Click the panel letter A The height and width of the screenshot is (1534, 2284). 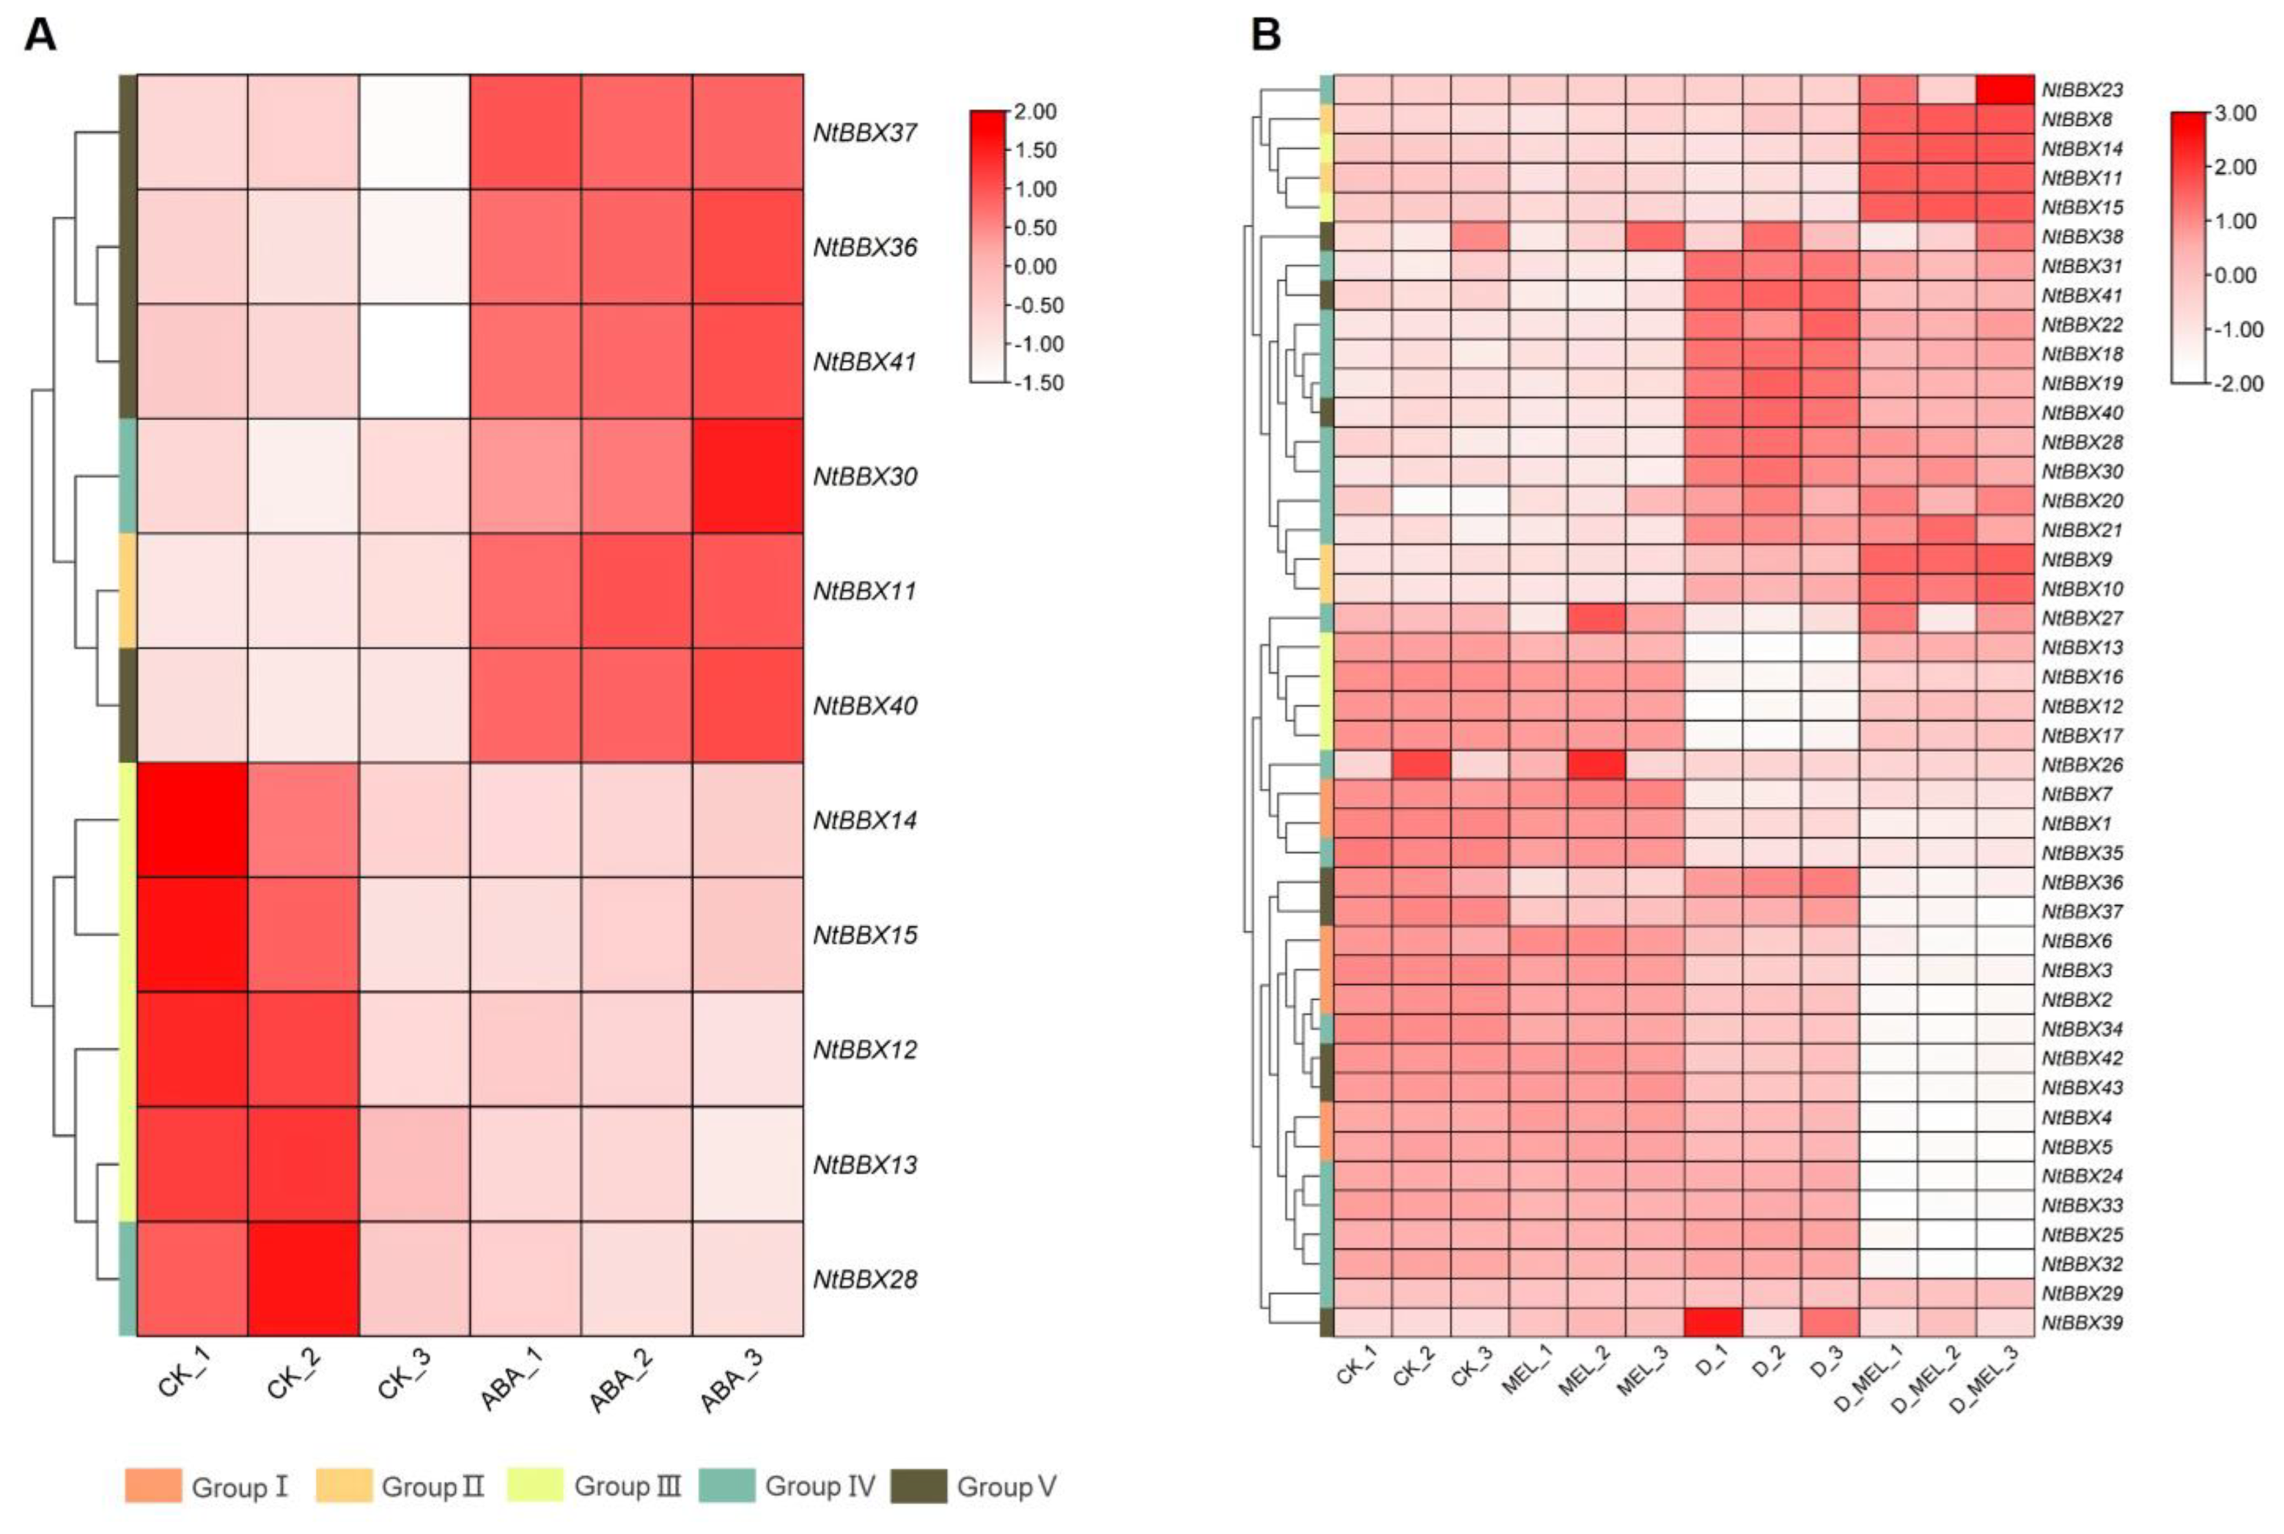point(39,35)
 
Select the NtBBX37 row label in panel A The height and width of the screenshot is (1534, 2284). point(865,132)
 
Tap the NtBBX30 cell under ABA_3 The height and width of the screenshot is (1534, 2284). point(748,475)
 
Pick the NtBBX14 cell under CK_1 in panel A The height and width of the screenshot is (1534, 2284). point(192,819)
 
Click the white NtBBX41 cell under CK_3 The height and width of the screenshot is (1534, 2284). point(415,361)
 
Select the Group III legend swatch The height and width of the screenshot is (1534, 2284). point(535,1485)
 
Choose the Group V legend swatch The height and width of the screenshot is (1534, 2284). point(919,1485)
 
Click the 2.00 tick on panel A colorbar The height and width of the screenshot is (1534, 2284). point(1035,111)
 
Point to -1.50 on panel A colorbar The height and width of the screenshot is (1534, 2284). point(1038,382)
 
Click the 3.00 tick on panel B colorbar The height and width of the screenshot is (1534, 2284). point(2235,113)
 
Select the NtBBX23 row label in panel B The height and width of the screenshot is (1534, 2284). point(2081,90)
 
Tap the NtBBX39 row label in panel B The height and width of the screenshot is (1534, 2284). point(2081,1323)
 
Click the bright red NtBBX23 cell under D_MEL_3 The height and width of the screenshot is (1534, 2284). point(2004,89)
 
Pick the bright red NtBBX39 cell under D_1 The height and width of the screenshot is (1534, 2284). point(1713,1322)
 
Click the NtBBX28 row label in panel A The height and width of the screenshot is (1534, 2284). point(865,1279)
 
